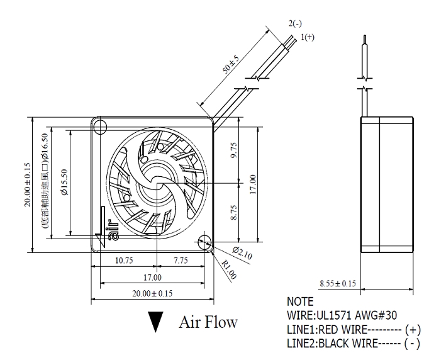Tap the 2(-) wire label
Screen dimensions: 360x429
296,23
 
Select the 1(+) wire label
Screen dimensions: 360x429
308,37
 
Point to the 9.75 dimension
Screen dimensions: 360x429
234,151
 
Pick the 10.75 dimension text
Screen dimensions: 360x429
124,260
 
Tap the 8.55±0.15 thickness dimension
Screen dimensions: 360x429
337,284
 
